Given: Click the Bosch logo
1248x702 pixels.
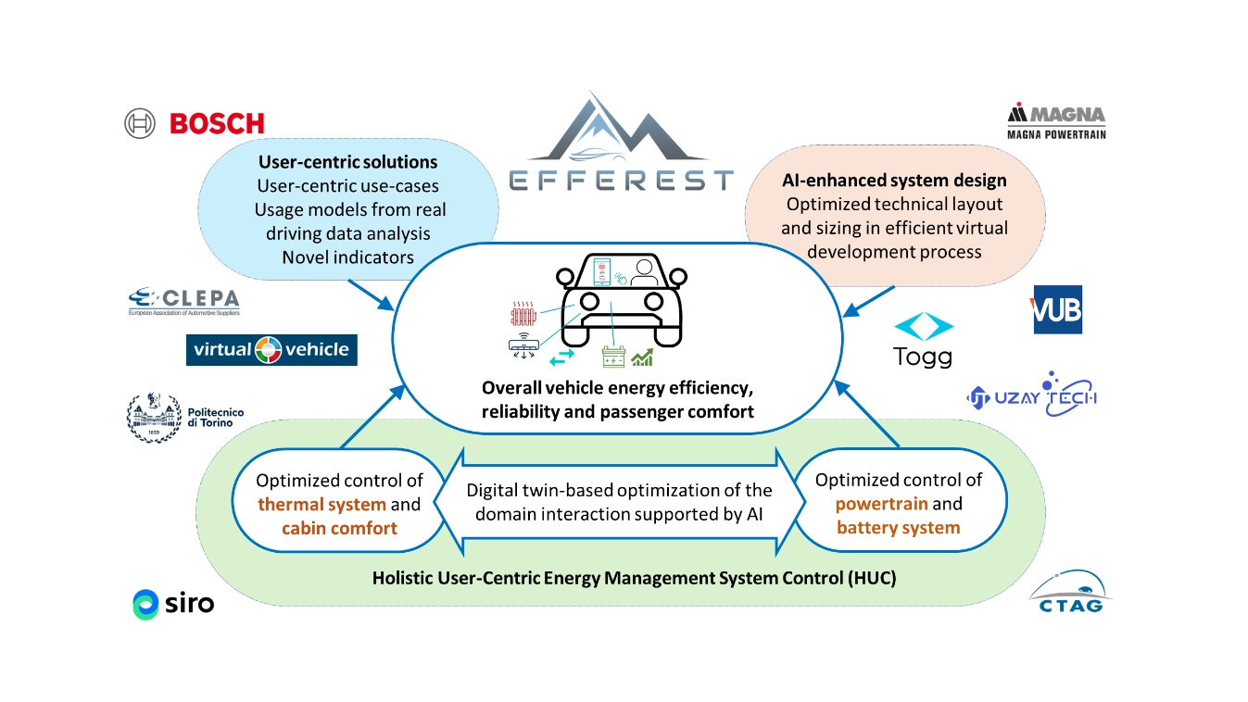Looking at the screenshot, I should tap(195, 123).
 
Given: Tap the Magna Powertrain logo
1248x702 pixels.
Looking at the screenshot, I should tap(1056, 120).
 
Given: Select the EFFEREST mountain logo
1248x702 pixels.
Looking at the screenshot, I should tap(622, 144).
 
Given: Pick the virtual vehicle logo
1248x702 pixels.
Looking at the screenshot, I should tap(271, 349).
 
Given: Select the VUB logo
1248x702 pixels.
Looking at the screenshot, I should tap(1057, 310).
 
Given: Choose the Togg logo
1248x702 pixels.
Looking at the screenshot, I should tap(923, 341).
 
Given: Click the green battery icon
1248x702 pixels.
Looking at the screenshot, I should tap(615, 356).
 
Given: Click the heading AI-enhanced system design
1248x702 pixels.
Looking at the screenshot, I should tap(894, 181).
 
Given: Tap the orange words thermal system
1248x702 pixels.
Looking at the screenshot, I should tap(321, 505).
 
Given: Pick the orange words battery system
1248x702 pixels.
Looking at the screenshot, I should tap(898, 528).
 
